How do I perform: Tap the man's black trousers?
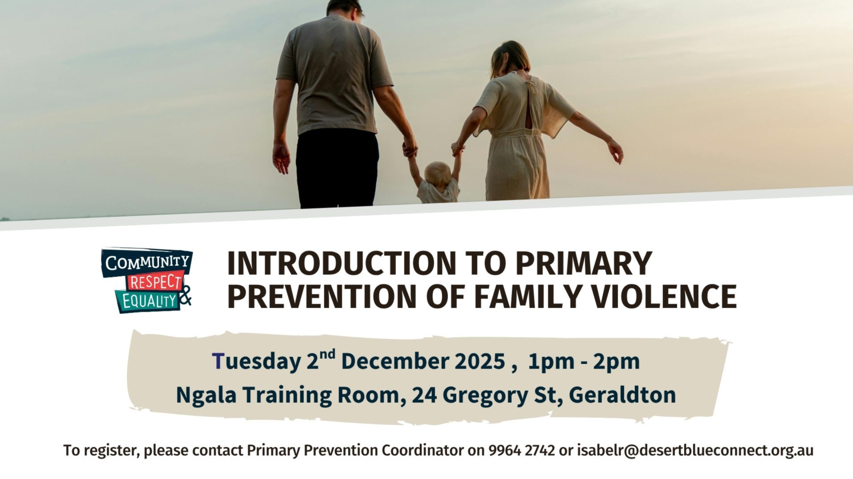(x=338, y=169)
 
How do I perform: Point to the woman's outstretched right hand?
(x=616, y=151)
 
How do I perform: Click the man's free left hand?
(x=281, y=158)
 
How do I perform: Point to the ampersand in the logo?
(x=186, y=295)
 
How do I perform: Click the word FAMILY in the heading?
(x=527, y=297)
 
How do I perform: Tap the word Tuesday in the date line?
(x=256, y=361)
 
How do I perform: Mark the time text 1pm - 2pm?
(x=584, y=361)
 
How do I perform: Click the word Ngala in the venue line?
(x=206, y=395)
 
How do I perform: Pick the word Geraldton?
(x=622, y=395)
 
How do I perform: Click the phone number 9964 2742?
(x=522, y=450)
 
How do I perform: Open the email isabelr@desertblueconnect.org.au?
(x=695, y=450)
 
